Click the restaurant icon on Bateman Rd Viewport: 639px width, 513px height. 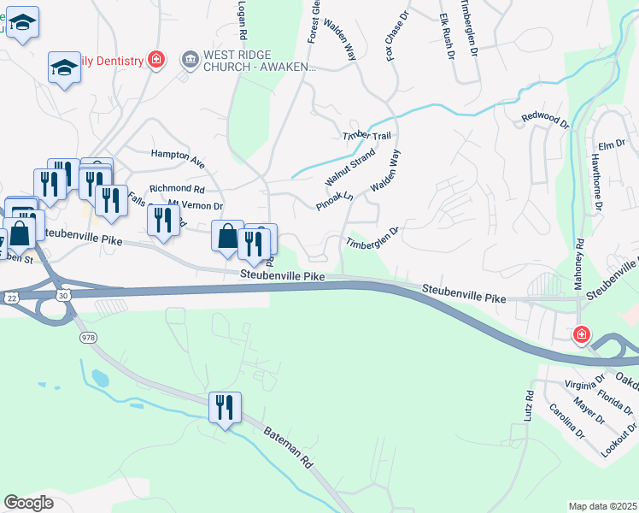225,407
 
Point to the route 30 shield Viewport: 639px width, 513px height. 64,294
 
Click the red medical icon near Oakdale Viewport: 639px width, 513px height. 582,334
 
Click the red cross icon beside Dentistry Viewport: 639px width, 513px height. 155,59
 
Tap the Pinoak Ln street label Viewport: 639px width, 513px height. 335,200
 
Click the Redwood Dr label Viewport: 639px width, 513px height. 545,120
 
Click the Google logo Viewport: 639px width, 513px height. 28,503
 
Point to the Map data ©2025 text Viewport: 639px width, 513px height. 603,506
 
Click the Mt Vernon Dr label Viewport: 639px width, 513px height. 196,205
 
